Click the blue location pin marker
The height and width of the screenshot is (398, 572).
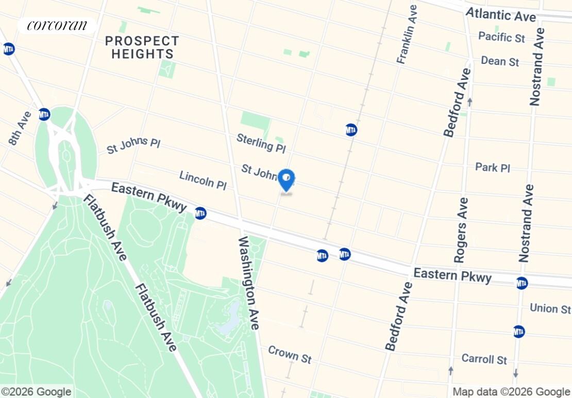point(286,180)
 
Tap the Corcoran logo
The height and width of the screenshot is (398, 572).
point(57,25)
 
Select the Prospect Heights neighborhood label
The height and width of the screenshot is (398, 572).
point(142,47)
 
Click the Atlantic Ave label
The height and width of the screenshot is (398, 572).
point(500,15)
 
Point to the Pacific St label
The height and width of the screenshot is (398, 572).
point(501,37)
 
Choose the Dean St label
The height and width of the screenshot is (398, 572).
point(499,61)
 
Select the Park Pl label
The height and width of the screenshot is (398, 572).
point(492,168)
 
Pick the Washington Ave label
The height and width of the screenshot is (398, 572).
point(248,283)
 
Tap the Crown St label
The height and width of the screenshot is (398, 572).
point(289,355)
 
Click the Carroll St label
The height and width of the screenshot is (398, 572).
point(484,359)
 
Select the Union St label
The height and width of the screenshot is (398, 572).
point(550,309)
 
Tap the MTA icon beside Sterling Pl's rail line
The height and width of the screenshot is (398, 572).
point(351,130)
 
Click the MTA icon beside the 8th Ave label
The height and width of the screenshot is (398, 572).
point(44,114)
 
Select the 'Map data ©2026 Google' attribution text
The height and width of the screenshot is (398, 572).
point(511,392)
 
